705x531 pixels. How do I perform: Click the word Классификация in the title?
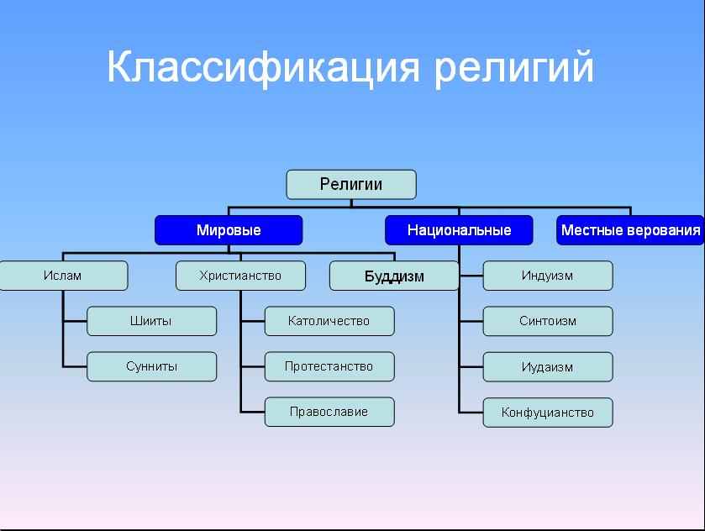point(263,67)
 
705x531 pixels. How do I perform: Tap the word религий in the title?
point(514,67)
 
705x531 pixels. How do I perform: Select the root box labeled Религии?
point(351,184)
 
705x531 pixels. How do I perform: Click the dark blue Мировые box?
point(229,230)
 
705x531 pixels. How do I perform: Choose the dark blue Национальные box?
point(459,230)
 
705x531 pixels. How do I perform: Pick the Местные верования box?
point(630,230)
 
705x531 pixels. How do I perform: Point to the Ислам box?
point(63,276)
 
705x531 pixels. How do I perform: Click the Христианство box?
point(240,276)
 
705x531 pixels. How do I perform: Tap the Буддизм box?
point(394,276)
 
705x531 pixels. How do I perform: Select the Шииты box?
point(151,321)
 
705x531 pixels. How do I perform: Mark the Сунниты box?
point(151,366)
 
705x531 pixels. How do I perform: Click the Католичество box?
point(329,321)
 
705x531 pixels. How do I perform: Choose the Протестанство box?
point(329,366)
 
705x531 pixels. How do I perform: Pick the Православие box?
point(329,412)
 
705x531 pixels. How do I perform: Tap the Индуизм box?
point(548,276)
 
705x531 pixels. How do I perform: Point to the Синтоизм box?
point(548,321)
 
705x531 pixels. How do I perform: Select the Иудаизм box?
point(548,367)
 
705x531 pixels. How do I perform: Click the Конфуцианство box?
point(548,413)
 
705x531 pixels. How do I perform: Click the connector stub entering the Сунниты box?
point(75,367)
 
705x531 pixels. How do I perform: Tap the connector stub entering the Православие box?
point(253,412)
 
